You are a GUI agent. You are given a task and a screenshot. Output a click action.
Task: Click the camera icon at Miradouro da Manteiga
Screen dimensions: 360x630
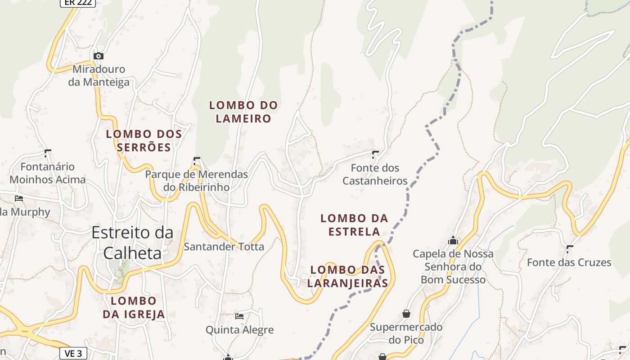point(98,56)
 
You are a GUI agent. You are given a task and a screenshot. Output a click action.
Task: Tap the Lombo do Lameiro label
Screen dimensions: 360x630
point(243,112)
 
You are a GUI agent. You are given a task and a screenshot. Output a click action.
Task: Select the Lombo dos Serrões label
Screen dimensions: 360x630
point(144,140)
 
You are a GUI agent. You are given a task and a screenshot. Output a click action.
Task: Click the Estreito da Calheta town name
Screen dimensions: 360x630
point(132,243)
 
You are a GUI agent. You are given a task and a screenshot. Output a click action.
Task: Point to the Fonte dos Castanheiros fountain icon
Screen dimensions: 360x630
point(375,154)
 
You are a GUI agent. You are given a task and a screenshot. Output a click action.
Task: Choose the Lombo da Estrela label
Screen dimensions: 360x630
point(354,225)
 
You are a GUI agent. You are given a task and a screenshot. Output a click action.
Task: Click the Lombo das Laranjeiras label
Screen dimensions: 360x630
point(349,276)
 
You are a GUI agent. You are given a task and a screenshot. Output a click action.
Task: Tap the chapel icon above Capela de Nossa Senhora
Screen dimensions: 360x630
point(453,241)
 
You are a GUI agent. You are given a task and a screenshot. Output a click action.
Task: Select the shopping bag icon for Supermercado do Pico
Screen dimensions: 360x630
point(406,314)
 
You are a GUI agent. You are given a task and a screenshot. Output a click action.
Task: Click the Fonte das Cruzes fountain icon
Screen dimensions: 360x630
point(570,248)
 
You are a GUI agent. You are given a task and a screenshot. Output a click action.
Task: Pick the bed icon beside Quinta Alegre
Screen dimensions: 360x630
point(239,316)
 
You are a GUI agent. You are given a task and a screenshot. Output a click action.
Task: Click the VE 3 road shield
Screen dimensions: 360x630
point(73,353)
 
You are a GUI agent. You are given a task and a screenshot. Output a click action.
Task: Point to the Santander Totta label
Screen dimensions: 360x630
point(224,247)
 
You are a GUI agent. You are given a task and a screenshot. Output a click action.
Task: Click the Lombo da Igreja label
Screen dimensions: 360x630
point(134,307)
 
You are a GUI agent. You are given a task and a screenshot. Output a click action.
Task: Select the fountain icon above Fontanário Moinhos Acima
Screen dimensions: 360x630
point(47,153)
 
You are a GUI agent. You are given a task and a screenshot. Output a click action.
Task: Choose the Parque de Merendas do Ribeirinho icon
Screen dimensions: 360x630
point(196,160)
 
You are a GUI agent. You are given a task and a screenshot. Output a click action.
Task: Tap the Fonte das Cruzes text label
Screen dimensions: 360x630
point(569,262)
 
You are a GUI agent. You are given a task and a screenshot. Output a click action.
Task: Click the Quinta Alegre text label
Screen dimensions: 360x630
point(239,330)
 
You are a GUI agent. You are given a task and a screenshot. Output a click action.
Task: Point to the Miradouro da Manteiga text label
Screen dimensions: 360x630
point(99,76)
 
